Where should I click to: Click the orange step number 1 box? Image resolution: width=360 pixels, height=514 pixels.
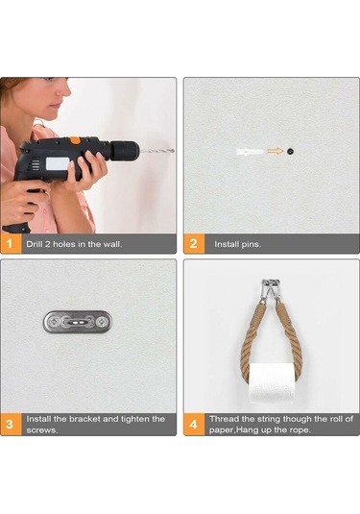(x=12, y=244)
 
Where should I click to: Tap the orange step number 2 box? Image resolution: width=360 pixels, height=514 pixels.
(x=194, y=244)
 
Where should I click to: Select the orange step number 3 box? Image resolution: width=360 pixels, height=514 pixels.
(x=12, y=425)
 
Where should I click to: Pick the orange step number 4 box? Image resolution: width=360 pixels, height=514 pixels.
(x=194, y=425)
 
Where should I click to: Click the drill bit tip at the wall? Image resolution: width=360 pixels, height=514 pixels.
(x=173, y=151)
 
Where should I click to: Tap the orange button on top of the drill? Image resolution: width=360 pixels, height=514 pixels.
(x=75, y=140)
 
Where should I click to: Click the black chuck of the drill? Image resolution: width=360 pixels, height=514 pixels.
(x=125, y=151)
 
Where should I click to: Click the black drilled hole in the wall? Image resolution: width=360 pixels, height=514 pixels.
(x=290, y=151)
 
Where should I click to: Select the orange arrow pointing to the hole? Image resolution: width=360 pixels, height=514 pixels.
(x=276, y=151)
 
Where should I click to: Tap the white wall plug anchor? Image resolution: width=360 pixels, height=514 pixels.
(x=250, y=152)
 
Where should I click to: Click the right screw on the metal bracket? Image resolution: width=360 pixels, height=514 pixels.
(x=103, y=322)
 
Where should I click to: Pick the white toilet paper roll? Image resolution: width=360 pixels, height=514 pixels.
(x=271, y=383)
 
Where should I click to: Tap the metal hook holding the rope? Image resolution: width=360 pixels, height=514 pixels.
(x=271, y=288)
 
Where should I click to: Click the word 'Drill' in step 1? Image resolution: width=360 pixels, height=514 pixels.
(x=34, y=244)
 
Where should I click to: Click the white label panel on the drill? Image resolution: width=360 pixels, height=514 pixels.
(x=58, y=164)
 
